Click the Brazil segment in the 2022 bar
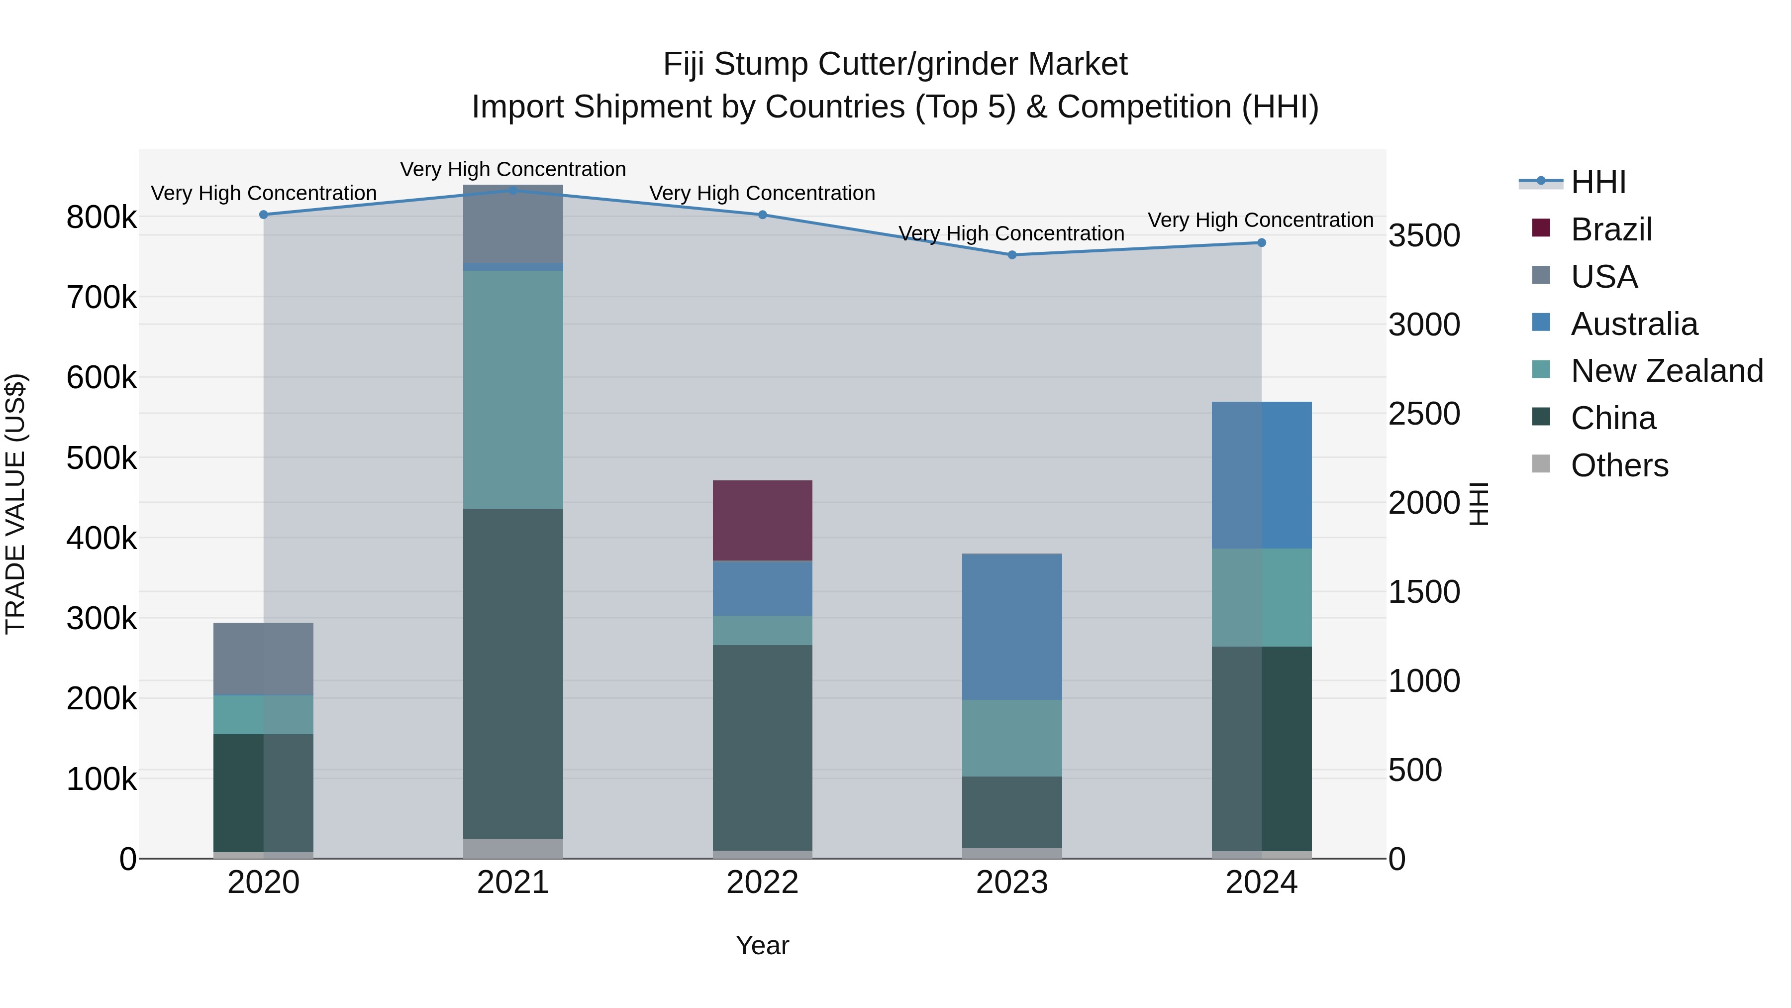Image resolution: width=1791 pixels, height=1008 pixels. click(762, 520)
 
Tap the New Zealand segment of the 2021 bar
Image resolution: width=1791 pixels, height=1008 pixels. click(512, 390)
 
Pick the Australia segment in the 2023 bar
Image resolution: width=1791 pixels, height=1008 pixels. click(1011, 626)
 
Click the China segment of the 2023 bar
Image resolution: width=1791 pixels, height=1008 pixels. click(1011, 812)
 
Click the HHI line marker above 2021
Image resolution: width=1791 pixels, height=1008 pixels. click(512, 191)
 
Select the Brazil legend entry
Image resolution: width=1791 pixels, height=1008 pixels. click(1611, 229)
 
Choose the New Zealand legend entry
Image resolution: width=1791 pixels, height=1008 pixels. click(1667, 371)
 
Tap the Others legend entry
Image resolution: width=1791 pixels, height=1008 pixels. click(1619, 465)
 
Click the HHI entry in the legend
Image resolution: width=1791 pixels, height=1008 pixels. click(1597, 182)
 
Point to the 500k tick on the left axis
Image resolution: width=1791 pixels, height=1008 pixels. click(101, 458)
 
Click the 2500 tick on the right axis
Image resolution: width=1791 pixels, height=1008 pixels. click(1423, 414)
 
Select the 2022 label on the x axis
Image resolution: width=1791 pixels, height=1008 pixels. click(762, 883)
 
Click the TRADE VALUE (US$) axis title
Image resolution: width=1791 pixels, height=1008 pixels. click(15, 504)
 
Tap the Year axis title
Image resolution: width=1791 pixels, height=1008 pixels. click(762, 945)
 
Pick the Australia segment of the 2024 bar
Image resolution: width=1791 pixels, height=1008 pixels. click(1261, 475)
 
